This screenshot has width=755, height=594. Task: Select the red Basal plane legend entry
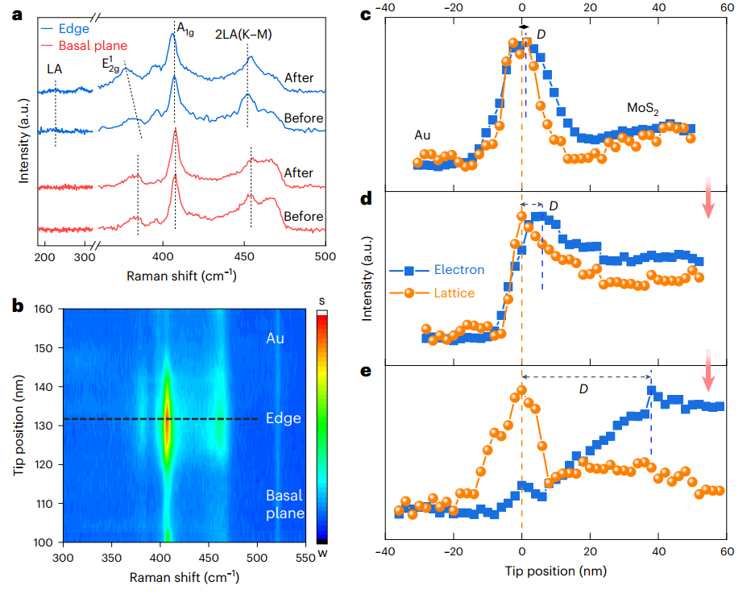pyautogui.click(x=93, y=46)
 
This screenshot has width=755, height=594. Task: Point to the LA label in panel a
pyautogui.click(x=54, y=69)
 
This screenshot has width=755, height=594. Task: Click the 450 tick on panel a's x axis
pyautogui.click(x=244, y=255)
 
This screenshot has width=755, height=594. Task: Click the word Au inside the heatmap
pyautogui.click(x=275, y=339)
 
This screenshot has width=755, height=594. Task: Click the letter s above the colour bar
pyautogui.click(x=321, y=301)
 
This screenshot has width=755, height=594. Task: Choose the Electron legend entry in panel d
pyautogui.click(x=457, y=270)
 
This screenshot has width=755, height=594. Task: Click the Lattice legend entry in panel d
pyautogui.click(x=454, y=293)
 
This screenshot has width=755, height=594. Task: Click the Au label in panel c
pyautogui.click(x=422, y=135)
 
